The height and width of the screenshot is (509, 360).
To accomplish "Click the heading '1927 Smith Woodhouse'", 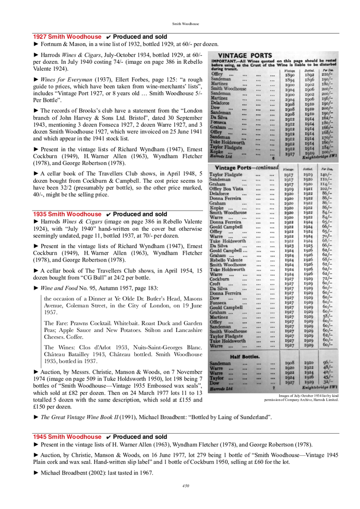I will (67, 36).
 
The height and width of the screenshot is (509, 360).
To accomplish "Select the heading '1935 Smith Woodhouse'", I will (67, 214).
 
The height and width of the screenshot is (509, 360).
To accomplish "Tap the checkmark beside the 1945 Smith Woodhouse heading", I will (108, 437).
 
